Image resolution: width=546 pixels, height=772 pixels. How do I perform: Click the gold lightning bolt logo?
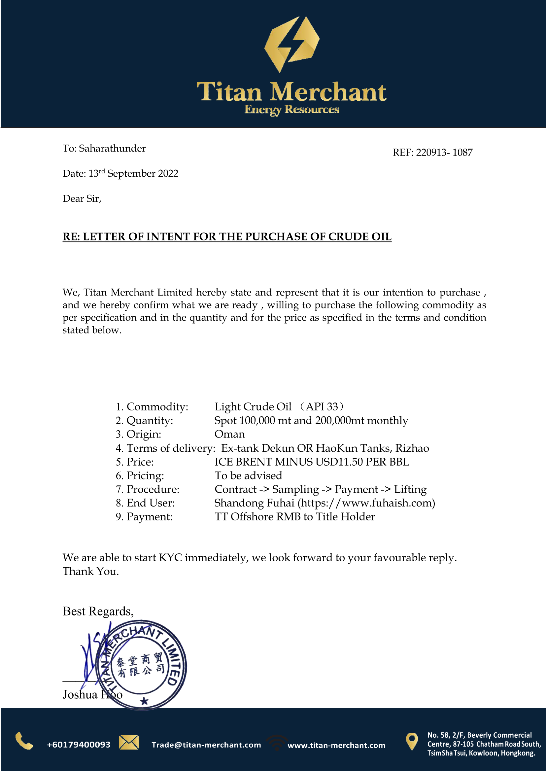(291, 44)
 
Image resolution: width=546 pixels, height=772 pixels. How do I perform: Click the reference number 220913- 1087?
(444, 153)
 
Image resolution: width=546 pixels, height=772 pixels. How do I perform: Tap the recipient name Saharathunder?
(112, 149)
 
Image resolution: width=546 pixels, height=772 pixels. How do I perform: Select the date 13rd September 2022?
(133, 173)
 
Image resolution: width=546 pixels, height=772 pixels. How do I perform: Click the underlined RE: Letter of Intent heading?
(227, 237)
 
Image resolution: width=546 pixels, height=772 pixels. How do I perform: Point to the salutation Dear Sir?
(82, 199)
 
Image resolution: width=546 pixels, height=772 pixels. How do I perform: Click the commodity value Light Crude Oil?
(253, 407)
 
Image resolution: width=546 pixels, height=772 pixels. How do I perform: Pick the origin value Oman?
(230, 435)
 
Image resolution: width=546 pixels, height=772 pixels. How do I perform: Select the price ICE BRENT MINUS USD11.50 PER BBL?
(312, 462)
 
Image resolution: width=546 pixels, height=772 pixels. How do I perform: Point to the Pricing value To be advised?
(249, 476)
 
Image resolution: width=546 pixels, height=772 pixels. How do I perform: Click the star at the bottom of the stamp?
(144, 701)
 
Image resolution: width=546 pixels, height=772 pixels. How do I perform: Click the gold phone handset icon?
(24, 741)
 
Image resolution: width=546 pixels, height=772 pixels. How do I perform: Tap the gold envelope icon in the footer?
(128, 742)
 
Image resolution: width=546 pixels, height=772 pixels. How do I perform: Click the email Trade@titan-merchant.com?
(206, 745)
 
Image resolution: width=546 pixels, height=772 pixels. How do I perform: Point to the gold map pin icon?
(412, 741)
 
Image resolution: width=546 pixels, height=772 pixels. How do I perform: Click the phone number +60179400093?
(79, 745)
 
